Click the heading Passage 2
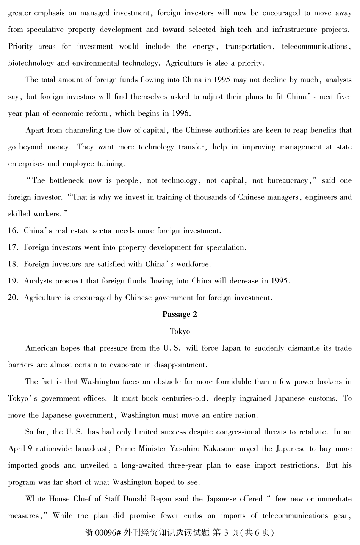pos(180,314)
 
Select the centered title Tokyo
pos(180,331)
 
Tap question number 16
pos(13,231)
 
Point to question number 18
pos(13,264)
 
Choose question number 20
pos(13,298)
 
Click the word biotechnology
pos(31,63)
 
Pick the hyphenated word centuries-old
pos(183,398)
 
